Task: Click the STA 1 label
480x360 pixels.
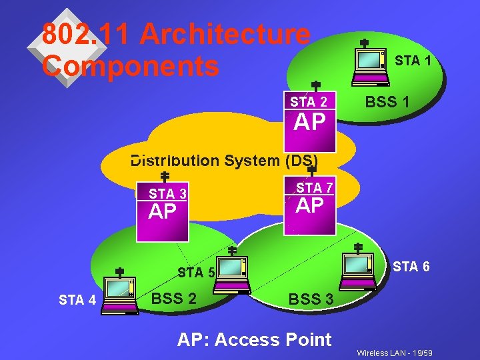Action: pos(413,61)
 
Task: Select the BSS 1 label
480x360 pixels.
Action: pos(387,103)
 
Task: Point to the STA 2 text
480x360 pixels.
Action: pos(309,102)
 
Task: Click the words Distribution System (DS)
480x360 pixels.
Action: pos(224,161)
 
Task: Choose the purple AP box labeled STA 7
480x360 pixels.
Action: pos(310,206)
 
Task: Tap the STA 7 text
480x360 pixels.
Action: pos(315,188)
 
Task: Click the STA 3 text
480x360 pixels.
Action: pos(167,194)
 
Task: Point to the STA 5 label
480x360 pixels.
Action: pos(196,272)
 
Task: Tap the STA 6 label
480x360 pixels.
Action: pos(411,267)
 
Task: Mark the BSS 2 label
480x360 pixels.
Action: pos(174,298)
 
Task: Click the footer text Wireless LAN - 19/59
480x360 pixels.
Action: pos(395,352)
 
